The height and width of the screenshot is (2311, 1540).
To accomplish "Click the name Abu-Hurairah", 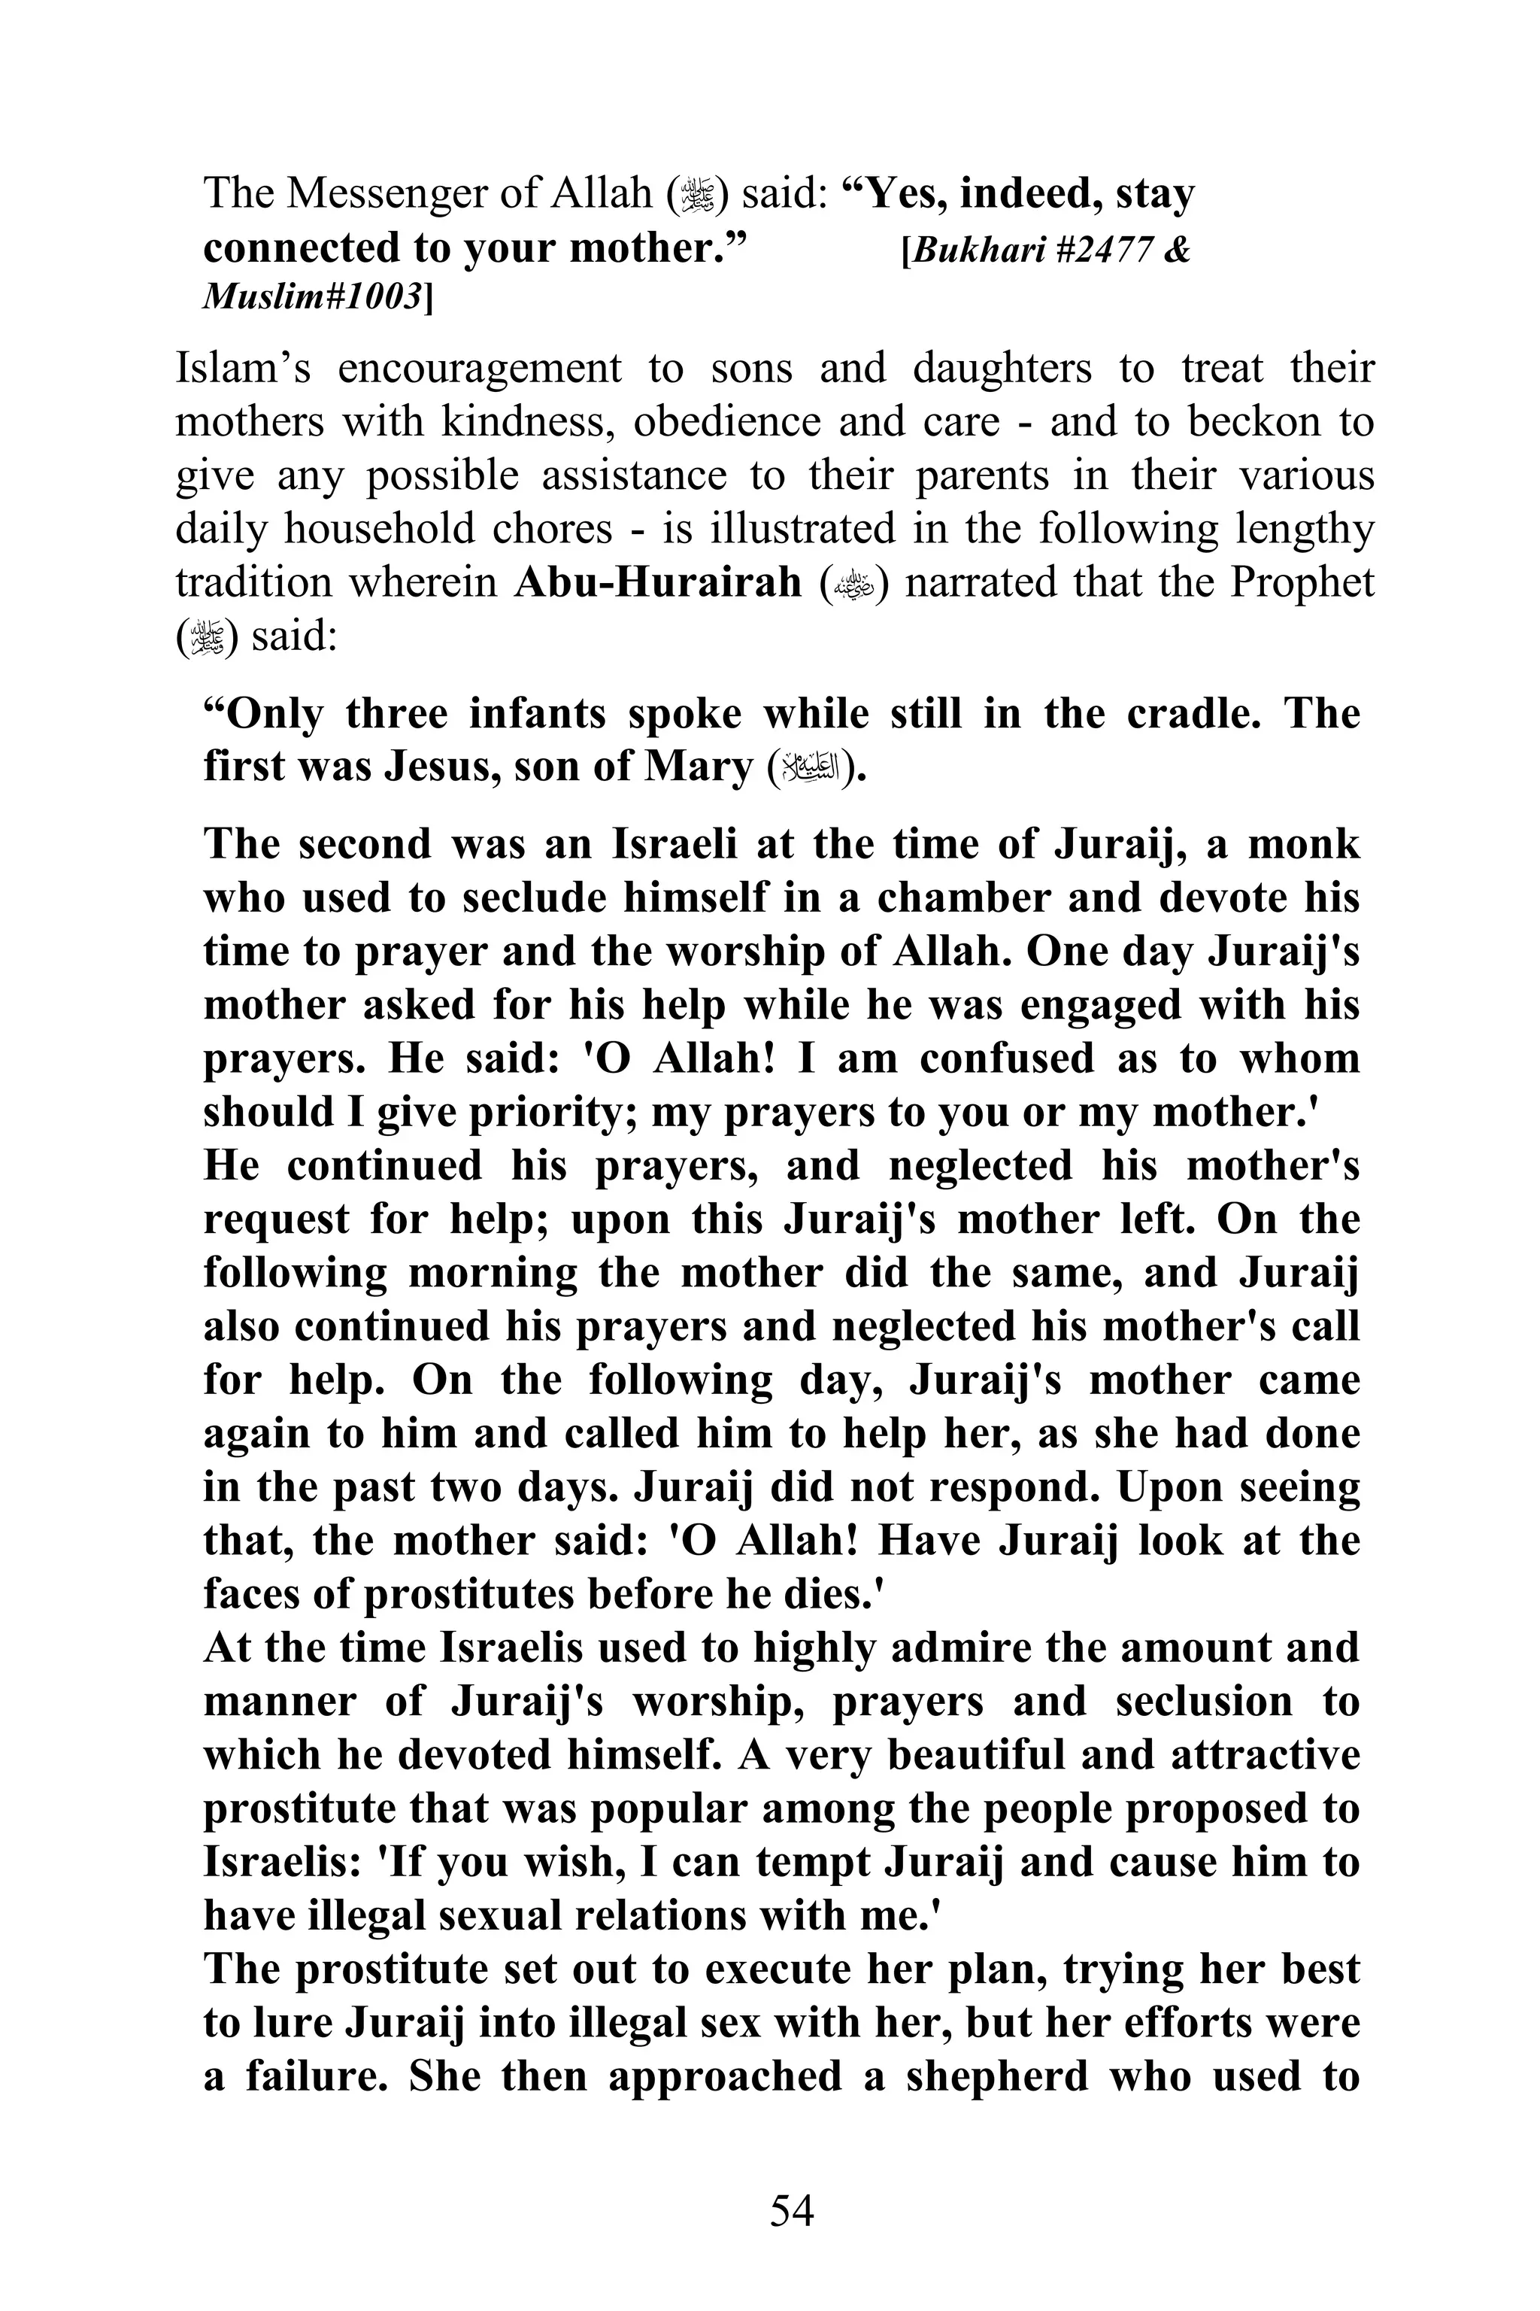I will [658, 583].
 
